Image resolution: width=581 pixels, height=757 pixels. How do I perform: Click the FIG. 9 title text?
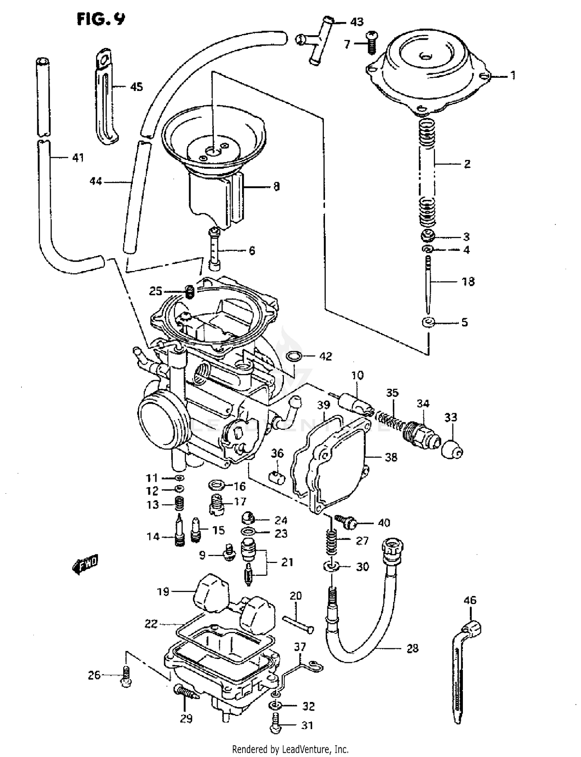(x=101, y=19)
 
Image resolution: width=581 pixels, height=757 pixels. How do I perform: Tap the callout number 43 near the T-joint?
(x=356, y=22)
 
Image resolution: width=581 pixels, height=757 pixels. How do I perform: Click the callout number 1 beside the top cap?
(x=512, y=75)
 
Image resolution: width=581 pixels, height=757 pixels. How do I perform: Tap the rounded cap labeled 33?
(x=452, y=448)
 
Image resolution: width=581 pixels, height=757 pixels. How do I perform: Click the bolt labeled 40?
(x=346, y=522)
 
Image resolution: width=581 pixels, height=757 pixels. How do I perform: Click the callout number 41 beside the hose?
(x=78, y=158)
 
